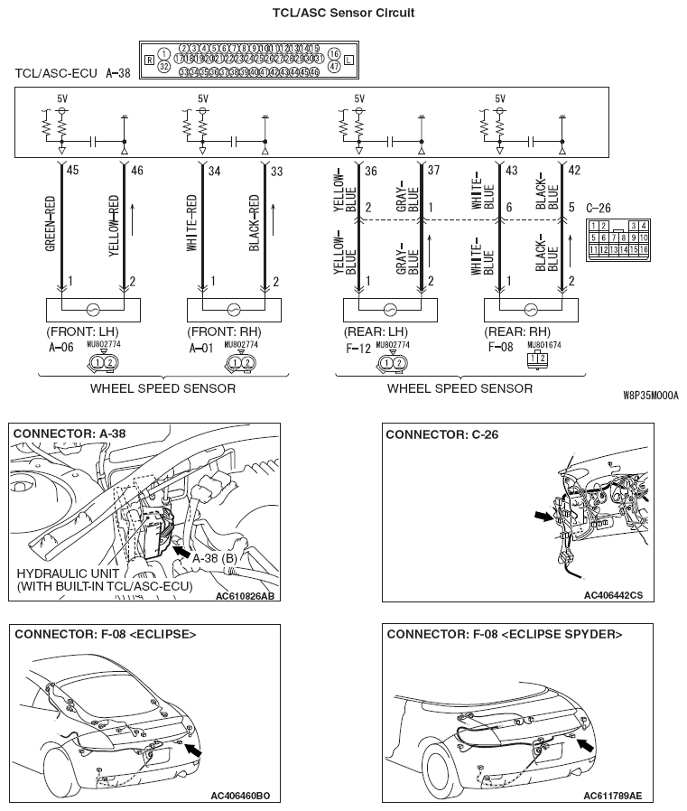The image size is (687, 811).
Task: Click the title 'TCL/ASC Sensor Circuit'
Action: [343, 14]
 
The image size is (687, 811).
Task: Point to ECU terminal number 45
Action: [73, 169]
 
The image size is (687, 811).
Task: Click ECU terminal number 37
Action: [434, 169]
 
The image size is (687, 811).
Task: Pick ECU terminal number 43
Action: [512, 169]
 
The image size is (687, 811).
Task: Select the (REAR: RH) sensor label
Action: [516, 331]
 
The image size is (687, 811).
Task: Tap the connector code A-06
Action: [60, 346]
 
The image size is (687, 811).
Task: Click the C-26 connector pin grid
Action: [618, 237]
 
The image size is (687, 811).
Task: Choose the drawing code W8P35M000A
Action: [650, 396]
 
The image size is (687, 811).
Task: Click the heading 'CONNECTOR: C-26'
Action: [449, 434]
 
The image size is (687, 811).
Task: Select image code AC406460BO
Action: [240, 796]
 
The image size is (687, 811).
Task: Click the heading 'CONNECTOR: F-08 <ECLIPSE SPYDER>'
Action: [504, 634]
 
